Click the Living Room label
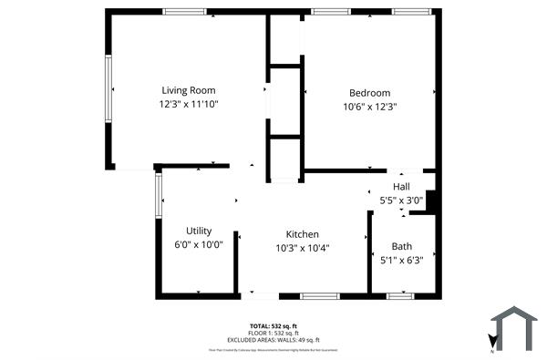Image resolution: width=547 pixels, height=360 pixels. click(189, 90)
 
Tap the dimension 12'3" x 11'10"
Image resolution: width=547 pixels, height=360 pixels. click(189, 104)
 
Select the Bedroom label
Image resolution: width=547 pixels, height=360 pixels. click(369, 93)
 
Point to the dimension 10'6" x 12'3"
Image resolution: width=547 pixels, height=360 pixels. click(369, 107)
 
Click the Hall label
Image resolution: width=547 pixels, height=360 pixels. click(401, 187)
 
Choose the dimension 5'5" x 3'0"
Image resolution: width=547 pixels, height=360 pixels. click(401, 200)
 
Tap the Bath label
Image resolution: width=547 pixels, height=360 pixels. click(401, 246)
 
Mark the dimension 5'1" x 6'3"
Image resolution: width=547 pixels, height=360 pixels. click(401, 260)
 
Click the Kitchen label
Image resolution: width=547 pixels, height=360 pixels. click(302, 233)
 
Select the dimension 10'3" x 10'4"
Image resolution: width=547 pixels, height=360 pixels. click(302, 247)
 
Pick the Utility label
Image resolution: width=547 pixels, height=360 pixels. click(199, 231)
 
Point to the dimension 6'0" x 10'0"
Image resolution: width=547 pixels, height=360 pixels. click(199, 244)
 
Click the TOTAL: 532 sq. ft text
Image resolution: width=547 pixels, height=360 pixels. click(273, 325)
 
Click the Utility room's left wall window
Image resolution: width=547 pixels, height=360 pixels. click(159, 195)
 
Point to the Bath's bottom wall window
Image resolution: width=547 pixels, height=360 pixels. click(400, 295)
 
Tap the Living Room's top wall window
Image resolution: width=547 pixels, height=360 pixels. click(184, 12)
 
